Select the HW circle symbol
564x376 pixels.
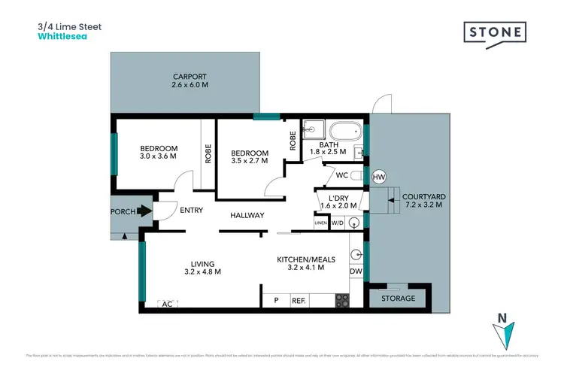point(379,177)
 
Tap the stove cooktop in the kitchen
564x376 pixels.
point(341,300)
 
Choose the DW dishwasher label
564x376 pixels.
point(356,271)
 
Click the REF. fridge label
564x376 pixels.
point(299,301)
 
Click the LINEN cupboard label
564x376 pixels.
point(321,223)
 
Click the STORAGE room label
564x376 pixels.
point(398,299)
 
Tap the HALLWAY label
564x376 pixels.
point(247,216)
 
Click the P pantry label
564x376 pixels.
point(276,301)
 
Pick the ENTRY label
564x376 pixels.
point(192,211)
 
